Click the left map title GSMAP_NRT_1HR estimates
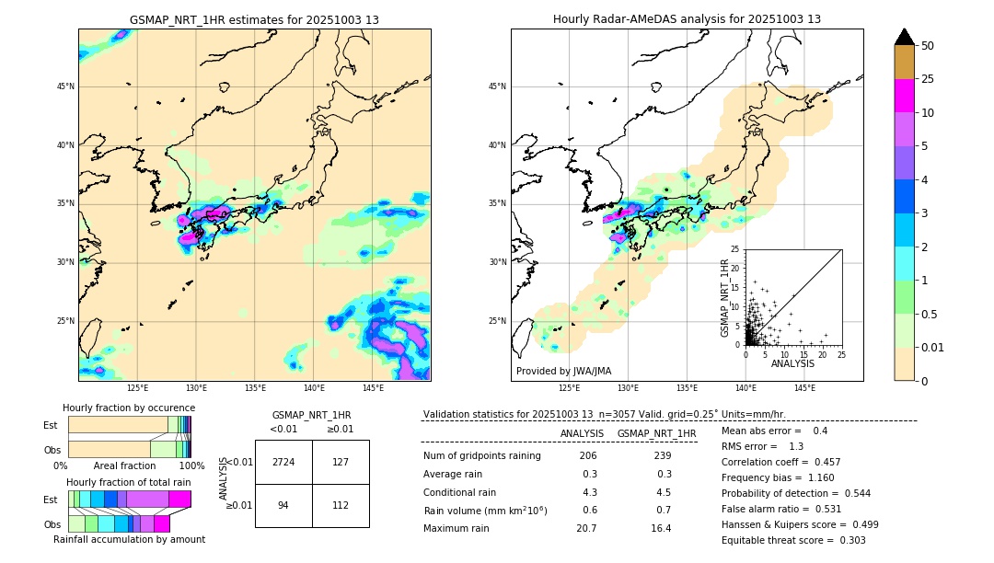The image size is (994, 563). pyautogui.click(x=254, y=19)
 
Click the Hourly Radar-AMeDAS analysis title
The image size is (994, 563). pyautogui.click(x=687, y=19)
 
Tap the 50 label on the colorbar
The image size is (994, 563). pyautogui.click(x=928, y=46)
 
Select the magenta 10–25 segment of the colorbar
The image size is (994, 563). pyautogui.click(x=904, y=96)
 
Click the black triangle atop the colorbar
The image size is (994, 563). pyautogui.click(x=904, y=37)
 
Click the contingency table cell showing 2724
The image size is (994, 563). pyautogui.click(x=283, y=462)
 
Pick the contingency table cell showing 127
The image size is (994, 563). pyautogui.click(x=341, y=462)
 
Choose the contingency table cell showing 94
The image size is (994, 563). pyautogui.click(x=283, y=505)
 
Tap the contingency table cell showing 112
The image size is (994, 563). pyautogui.click(x=341, y=505)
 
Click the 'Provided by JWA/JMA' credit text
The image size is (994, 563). pyautogui.click(x=563, y=371)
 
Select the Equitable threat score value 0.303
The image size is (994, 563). pyautogui.click(x=847, y=540)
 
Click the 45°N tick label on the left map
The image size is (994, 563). pyautogui.click(x=64, y=86)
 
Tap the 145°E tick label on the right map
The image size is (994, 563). pyautogui.click(x=804, y=389)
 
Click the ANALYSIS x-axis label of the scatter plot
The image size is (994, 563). pyautogui.click(x=792, y=363)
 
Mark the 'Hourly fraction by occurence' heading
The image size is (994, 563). pyautogui.click(x=129, y=408)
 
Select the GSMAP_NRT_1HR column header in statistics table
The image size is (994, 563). pyautogui.click(x=656, y=433)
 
